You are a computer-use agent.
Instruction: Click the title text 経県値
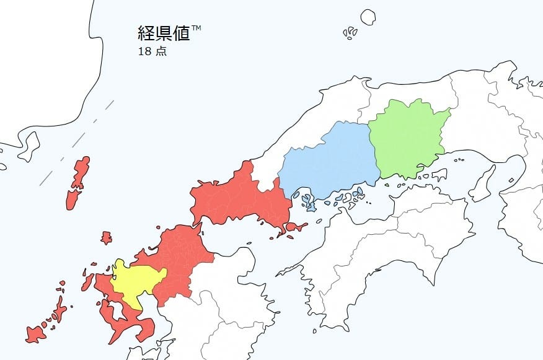coord(163,33)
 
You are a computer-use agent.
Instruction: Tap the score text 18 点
coord(152,51)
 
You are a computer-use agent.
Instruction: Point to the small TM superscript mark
coord(196,28)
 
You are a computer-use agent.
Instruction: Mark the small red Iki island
coord(107,237)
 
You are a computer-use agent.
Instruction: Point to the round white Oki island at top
coord(368,17)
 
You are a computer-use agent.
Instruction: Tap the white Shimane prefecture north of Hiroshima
coord(310,130)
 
